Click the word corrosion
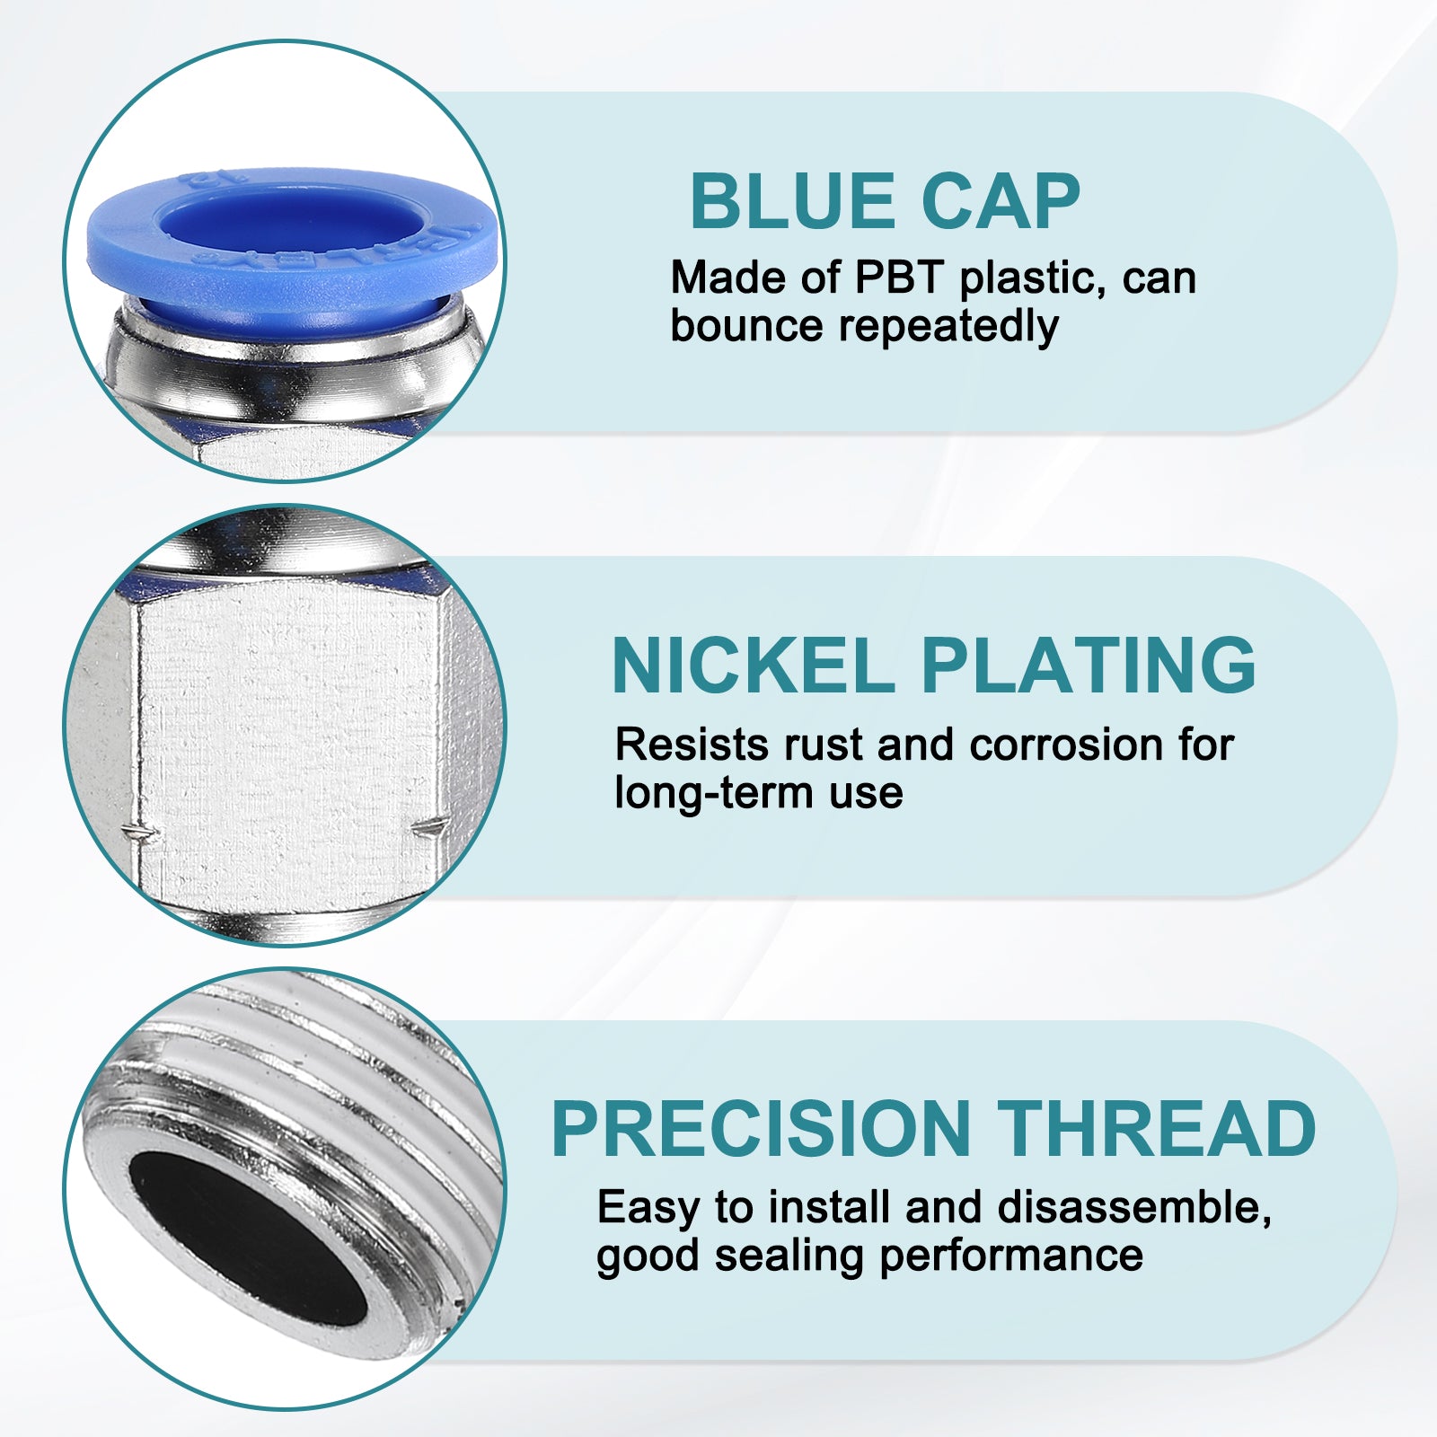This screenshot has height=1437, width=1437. (x=1065, y=745)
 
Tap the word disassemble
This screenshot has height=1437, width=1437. (x=1134, y=1208)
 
